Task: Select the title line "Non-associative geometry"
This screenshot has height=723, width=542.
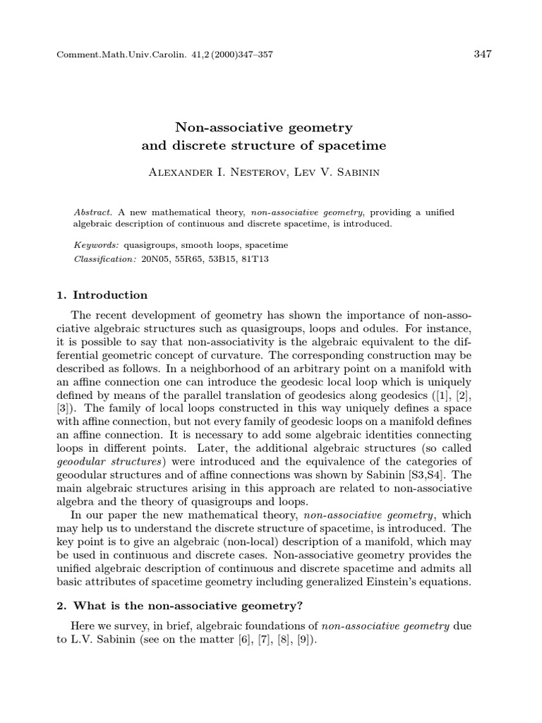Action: click(264, 128)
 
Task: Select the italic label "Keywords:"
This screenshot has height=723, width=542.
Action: click(97, 246)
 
